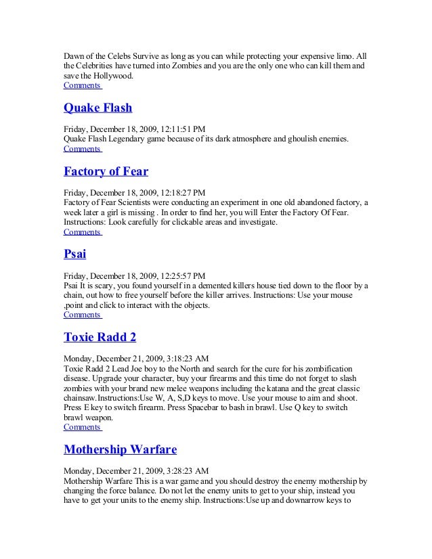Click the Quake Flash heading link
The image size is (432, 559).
tap(98, 108)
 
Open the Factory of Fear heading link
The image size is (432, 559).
tap(106, 171)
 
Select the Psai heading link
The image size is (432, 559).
tap(74, 254)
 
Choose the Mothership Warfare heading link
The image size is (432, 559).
tap(121, 449)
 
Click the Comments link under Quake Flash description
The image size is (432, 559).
tap(81, 148)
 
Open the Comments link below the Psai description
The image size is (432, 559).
tap(81, 315)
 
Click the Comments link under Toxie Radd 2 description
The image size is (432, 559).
tap(81, 427)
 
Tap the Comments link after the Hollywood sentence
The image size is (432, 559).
tap(81, 86)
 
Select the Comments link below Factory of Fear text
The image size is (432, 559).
tap(81, 231)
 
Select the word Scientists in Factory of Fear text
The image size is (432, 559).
tap(141, 202)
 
